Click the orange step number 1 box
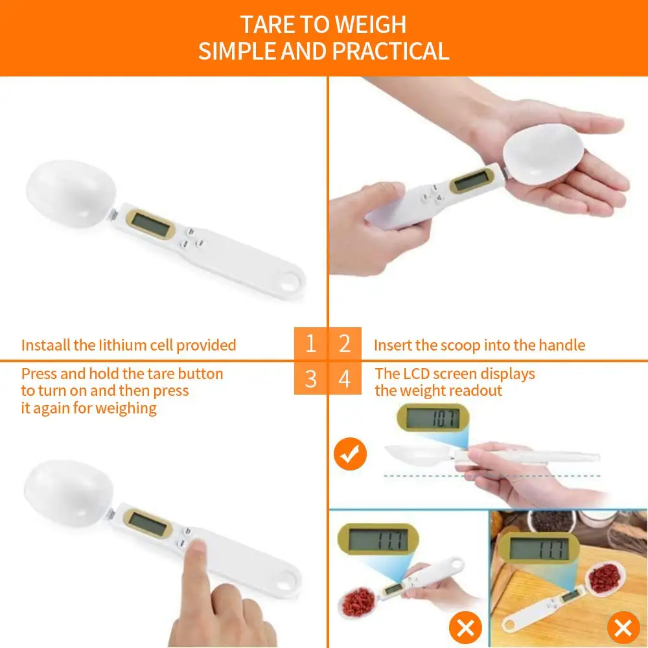(x=310, y=343)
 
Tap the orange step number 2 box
(x=344, y=343)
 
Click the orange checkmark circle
(x=350, y=453)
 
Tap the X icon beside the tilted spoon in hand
(x=465, y=627)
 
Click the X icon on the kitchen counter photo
(x=623, y=627)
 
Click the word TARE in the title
(x=266, y=25)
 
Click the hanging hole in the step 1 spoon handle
(x=294, y=281)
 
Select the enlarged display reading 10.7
(x=432, y=418)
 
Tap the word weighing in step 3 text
(x=126, y=408)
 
